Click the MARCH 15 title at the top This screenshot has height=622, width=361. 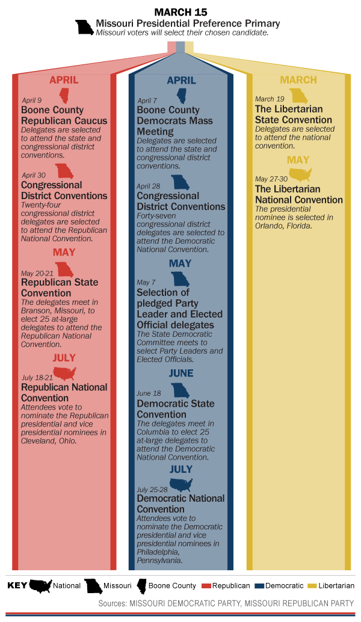180,12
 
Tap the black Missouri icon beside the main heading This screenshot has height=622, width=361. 84,26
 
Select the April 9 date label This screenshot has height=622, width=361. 31,100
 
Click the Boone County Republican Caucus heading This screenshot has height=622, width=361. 64,115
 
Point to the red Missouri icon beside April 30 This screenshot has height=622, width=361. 64,171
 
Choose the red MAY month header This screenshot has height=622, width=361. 64,252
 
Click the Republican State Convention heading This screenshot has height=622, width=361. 60,288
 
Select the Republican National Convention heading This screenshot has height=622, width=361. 64,392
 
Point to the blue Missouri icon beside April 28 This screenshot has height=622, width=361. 180,182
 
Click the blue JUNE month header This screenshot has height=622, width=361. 180,373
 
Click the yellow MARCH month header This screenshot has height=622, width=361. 298,81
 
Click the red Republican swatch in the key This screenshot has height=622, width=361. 206,585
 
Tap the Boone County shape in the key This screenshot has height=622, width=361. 143,585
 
